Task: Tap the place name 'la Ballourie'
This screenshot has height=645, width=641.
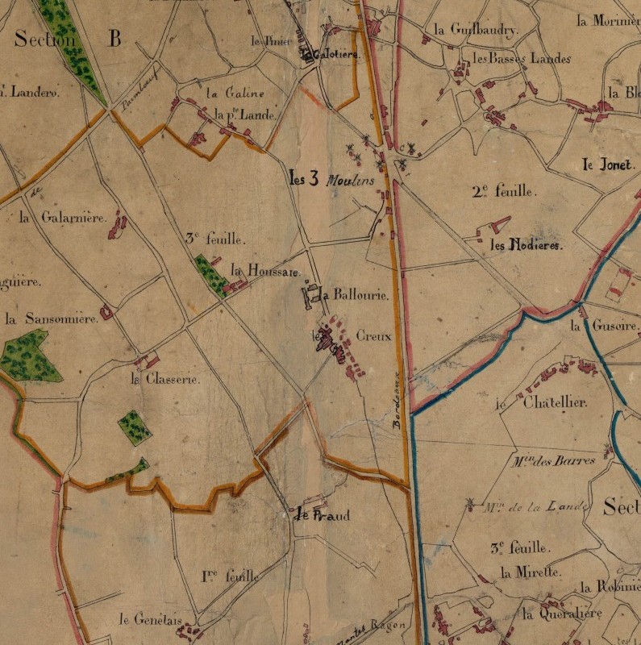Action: (x=355, y=296)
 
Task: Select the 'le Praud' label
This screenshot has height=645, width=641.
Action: (x=323, y=515)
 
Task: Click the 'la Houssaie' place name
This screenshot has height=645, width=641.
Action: (x=264, y=270)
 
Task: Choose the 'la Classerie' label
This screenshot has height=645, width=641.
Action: (x=165, y=379)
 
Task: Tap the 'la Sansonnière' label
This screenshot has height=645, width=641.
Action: (x=51, y=318)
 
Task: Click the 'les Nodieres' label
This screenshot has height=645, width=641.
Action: (x=525, y=245)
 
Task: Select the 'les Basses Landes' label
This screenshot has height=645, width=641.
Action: (x=522, y=59)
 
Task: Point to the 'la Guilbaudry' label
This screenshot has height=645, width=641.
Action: (x=476, y=30)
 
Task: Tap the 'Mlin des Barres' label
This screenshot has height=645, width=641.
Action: (x=553, y=461)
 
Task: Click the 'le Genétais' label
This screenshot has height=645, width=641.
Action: (x=148, y=619)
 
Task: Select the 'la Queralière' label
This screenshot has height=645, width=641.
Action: (x=562, y=614)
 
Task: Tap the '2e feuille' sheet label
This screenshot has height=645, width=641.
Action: (x=504, y=191)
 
